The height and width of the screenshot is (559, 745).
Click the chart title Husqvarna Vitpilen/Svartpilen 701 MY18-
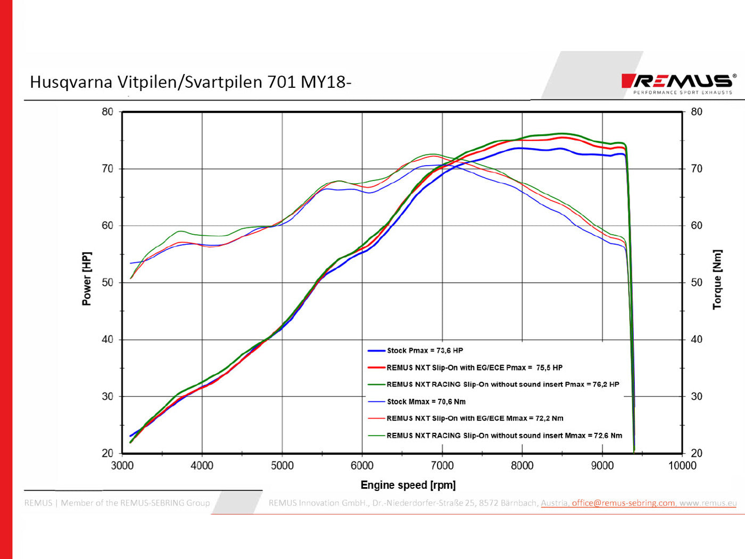191,82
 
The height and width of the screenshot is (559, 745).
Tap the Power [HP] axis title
86,278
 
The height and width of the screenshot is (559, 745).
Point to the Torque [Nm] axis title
717,279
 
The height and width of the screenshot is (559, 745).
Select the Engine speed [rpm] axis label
408,485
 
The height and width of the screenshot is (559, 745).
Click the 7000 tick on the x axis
442,466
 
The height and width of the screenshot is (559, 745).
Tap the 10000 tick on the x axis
682,466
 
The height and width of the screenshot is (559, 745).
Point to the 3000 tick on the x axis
122,466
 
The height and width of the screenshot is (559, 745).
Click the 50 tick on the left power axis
107,282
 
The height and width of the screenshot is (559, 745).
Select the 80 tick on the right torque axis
697,112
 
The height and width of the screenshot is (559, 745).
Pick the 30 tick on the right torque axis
697,396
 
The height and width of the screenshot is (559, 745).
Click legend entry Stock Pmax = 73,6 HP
425,350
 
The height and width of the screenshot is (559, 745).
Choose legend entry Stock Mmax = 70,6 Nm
426,401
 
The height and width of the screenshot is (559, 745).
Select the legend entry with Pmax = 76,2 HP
502,384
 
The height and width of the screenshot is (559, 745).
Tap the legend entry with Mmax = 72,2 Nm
475,418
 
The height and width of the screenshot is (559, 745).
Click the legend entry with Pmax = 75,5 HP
474,367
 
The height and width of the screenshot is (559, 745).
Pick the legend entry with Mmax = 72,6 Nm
504,435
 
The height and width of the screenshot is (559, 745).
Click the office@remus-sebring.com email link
623,503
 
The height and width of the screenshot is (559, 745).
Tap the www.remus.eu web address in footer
708,503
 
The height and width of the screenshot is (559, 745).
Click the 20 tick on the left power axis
107,453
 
